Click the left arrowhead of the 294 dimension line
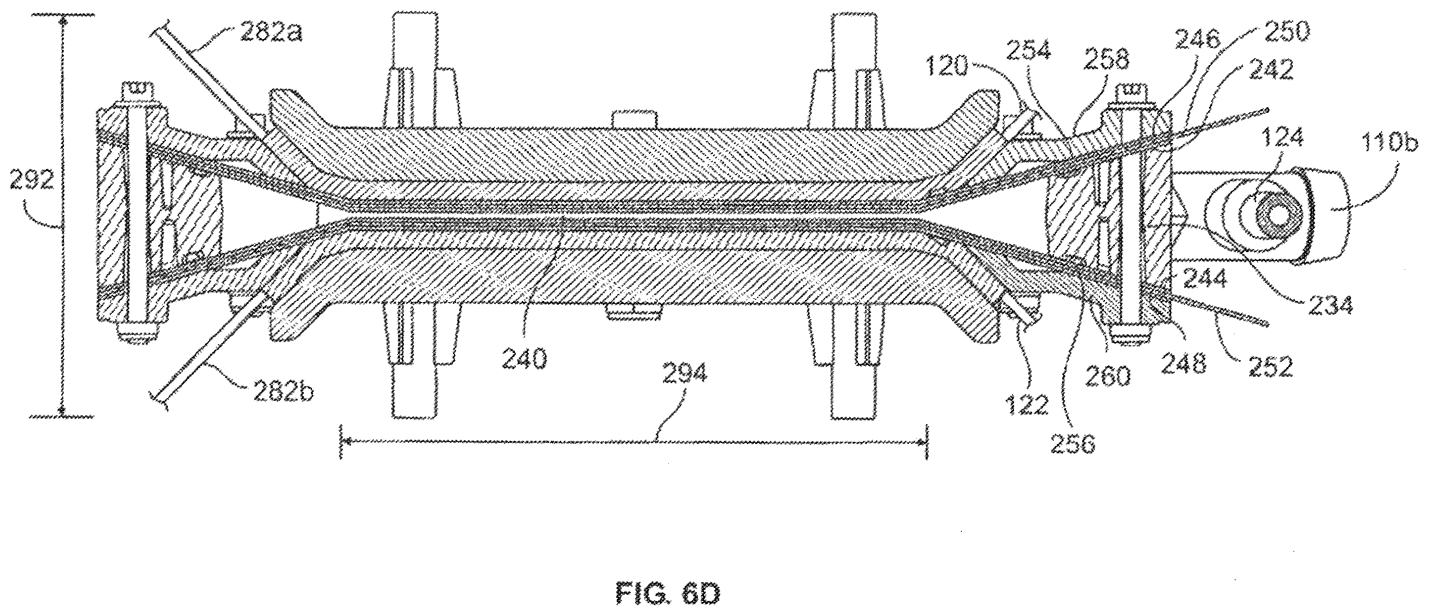pyautogui.click(x=347, y=441)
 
